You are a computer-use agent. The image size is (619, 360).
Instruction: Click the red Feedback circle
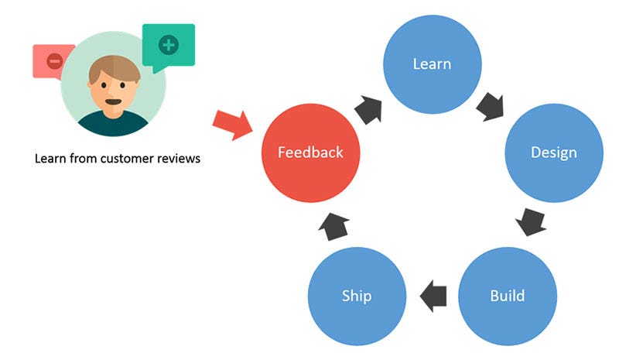point(311,153)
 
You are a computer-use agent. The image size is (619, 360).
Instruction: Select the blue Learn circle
point(433,64)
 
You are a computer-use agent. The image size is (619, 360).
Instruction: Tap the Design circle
point(554,153)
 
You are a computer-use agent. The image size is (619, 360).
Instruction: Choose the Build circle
point(508,296)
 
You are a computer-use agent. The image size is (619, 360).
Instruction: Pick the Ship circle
point(357,296)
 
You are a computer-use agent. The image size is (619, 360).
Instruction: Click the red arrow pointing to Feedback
point(233,125)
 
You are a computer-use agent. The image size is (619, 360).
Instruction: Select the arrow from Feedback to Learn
point(369,109)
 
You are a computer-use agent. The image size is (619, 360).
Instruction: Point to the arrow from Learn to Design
point(491,107)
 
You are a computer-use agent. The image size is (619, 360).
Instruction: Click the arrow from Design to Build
point(532,221)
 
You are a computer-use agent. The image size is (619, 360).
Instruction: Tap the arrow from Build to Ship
point(433,296)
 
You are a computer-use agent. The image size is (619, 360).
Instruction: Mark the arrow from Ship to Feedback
point(334,226)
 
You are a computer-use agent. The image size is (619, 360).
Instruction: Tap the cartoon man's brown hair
point(114,69)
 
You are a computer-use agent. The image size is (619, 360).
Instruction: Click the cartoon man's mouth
point(113,101)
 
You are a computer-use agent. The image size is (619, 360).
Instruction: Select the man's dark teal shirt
point(113,123)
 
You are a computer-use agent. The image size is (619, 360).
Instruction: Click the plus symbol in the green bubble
point(169,45)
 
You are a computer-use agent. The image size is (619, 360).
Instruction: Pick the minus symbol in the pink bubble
point(54,61)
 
